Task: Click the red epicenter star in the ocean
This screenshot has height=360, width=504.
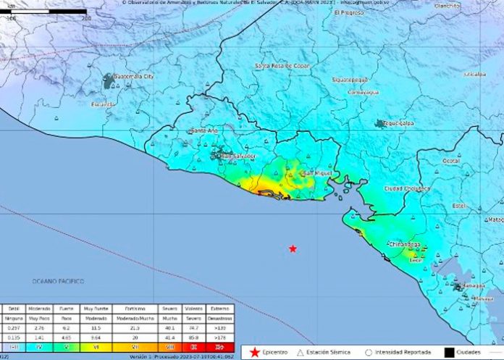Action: pyautogui.click(x=293, y=248)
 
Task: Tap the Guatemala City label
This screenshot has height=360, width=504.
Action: pyautogui.click(x=135, y=76)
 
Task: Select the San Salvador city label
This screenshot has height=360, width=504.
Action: pyautogui.click(x=239, y=156)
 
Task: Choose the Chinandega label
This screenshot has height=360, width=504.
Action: pyautogui.click(x=406, y=245)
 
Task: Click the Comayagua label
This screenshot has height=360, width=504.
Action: pyautogui.click(x=365, y=92)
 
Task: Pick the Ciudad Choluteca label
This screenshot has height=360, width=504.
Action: pyautogui.click(x=407, y=188)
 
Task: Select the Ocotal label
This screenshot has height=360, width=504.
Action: pyautogui.click(x=452, y=160)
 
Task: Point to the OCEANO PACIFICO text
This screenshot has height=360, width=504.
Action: pyautogui.click(x=58, y=281)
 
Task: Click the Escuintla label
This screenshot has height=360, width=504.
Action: pyautogui.click(x=103, y=104)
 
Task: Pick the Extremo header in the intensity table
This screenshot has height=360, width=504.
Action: pyautogui.click(x=219, y=308)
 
